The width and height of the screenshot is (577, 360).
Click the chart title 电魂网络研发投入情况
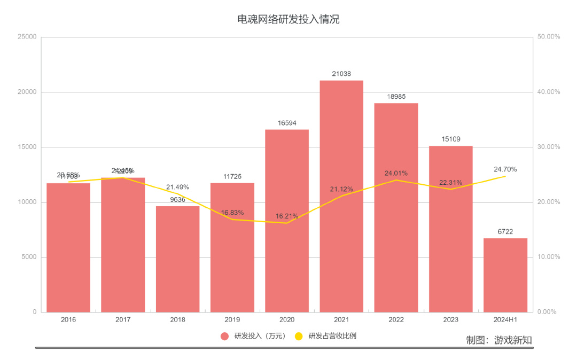(x=288, y=20)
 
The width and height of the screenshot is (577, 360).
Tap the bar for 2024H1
(x=505, y=275)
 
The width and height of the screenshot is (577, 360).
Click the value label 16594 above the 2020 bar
(x=287, y=123)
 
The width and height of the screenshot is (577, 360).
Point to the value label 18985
(x=396, y=97)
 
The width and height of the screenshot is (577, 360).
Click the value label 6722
(x=505, y=232)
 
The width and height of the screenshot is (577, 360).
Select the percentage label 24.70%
(x=505, y=169)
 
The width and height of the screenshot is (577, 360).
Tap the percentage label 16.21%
(x=287, y=216)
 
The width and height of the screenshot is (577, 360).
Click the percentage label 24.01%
(x=396, y=173)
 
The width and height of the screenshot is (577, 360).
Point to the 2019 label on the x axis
(x=232, y=320)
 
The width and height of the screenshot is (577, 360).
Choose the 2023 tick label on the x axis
(x=450, y=320)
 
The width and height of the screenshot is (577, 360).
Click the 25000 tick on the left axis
(x=27, y=37)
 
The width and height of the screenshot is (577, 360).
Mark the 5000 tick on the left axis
(x=29, y=257)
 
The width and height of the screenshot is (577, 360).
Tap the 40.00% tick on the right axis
(x=548, y=92)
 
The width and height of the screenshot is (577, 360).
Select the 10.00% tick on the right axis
(x=548, y=257)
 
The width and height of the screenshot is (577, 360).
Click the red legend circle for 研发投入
(x=224, y=336)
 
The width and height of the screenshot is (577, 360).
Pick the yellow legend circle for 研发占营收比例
(x=299, y=336)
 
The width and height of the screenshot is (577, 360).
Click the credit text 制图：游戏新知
(x=498, y=340)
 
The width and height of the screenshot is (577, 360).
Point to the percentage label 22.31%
(x=450, y=182)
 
